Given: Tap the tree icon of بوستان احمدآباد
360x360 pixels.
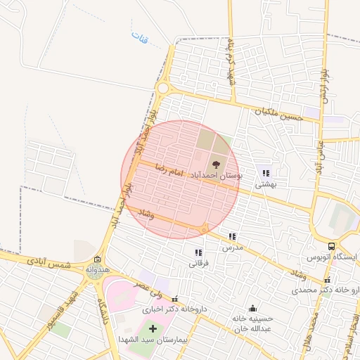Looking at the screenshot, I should pos(215,165).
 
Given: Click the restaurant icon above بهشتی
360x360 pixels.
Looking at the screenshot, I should pos(266,173).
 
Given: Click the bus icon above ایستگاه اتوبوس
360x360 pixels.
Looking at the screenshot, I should pos(331,246).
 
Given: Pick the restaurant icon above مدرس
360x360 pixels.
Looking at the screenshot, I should pos(232,237).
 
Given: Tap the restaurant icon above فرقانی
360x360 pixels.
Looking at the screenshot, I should pos(199,252).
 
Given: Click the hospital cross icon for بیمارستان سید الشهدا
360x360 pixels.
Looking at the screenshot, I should pos(153,328).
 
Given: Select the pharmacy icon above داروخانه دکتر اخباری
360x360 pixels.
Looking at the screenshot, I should pos(174,299).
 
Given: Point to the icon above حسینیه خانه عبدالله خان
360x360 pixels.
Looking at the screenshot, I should pos(252,308).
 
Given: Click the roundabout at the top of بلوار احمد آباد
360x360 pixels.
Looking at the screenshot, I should pos(165,89).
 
